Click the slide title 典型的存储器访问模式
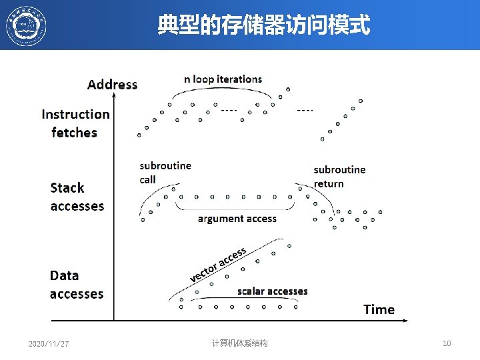click(x=263, y=26)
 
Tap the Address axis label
click(x=112, y=84)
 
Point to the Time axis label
click(x=379, y=309)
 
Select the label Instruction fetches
click(x=75, y=123)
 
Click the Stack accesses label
click(x=77, y=197)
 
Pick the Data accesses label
click(x=77, y=285)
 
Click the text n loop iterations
click(x=223, y=79)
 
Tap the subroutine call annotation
click(x=165, y=172)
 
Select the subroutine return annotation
click(x=339, y=177)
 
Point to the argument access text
click(x=237, y=219)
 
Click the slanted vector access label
click(x=218, y=264)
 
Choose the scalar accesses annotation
click(x=273, y=291)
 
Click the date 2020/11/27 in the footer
click(x=49, y=344)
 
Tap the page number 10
click(x=447, y=343)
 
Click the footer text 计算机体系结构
click(x=239, y=343)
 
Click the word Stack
click(x=67, y=188)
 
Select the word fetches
click(x=74, y=133)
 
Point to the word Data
click(x=64, y=275)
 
